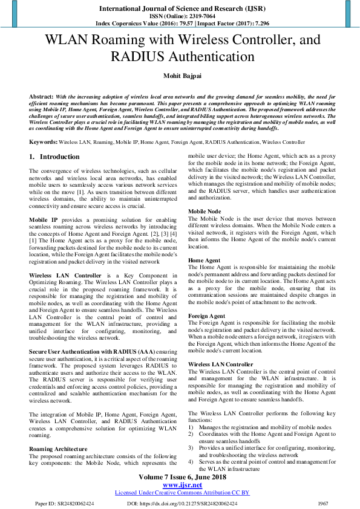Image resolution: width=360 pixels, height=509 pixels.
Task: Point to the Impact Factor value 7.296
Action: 258,24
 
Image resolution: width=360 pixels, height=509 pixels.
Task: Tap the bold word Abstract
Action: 41,97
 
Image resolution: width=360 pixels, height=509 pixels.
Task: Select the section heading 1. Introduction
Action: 54,157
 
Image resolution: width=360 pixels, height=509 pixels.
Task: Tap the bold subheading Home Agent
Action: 205,260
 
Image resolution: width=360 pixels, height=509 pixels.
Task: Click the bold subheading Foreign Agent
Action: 207,316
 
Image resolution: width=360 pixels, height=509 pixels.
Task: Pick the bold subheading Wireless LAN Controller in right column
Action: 221,365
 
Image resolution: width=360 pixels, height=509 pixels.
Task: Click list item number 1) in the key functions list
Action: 191,427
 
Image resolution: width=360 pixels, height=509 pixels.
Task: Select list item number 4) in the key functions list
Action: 191,462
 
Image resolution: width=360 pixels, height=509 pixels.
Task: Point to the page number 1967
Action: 323,503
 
